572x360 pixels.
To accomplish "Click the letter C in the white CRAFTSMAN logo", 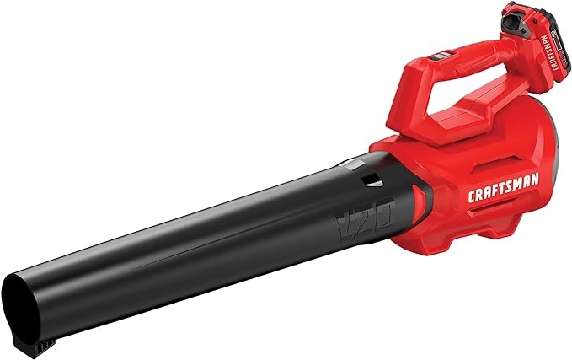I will (x=472, y=196).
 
